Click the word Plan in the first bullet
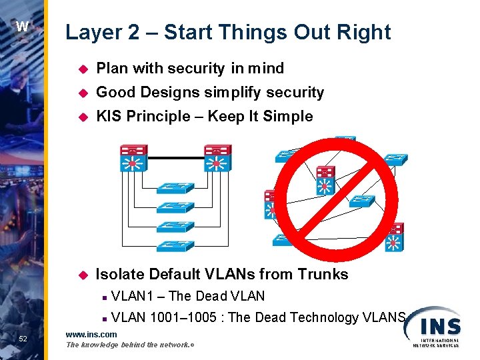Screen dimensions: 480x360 click(x=111, y=68)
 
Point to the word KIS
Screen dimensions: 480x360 click(x=109, y=116)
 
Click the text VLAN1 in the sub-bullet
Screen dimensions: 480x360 click(x=133, y=296)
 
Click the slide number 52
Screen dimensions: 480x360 click(x=23, y=339)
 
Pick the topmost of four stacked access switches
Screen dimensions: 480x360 click(x=175, y=189)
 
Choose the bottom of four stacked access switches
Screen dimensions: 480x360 click(x=175, y=245)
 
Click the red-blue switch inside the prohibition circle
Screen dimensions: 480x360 click(x=325, y=180)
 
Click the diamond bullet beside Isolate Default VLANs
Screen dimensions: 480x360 click(x=83, y=275)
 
